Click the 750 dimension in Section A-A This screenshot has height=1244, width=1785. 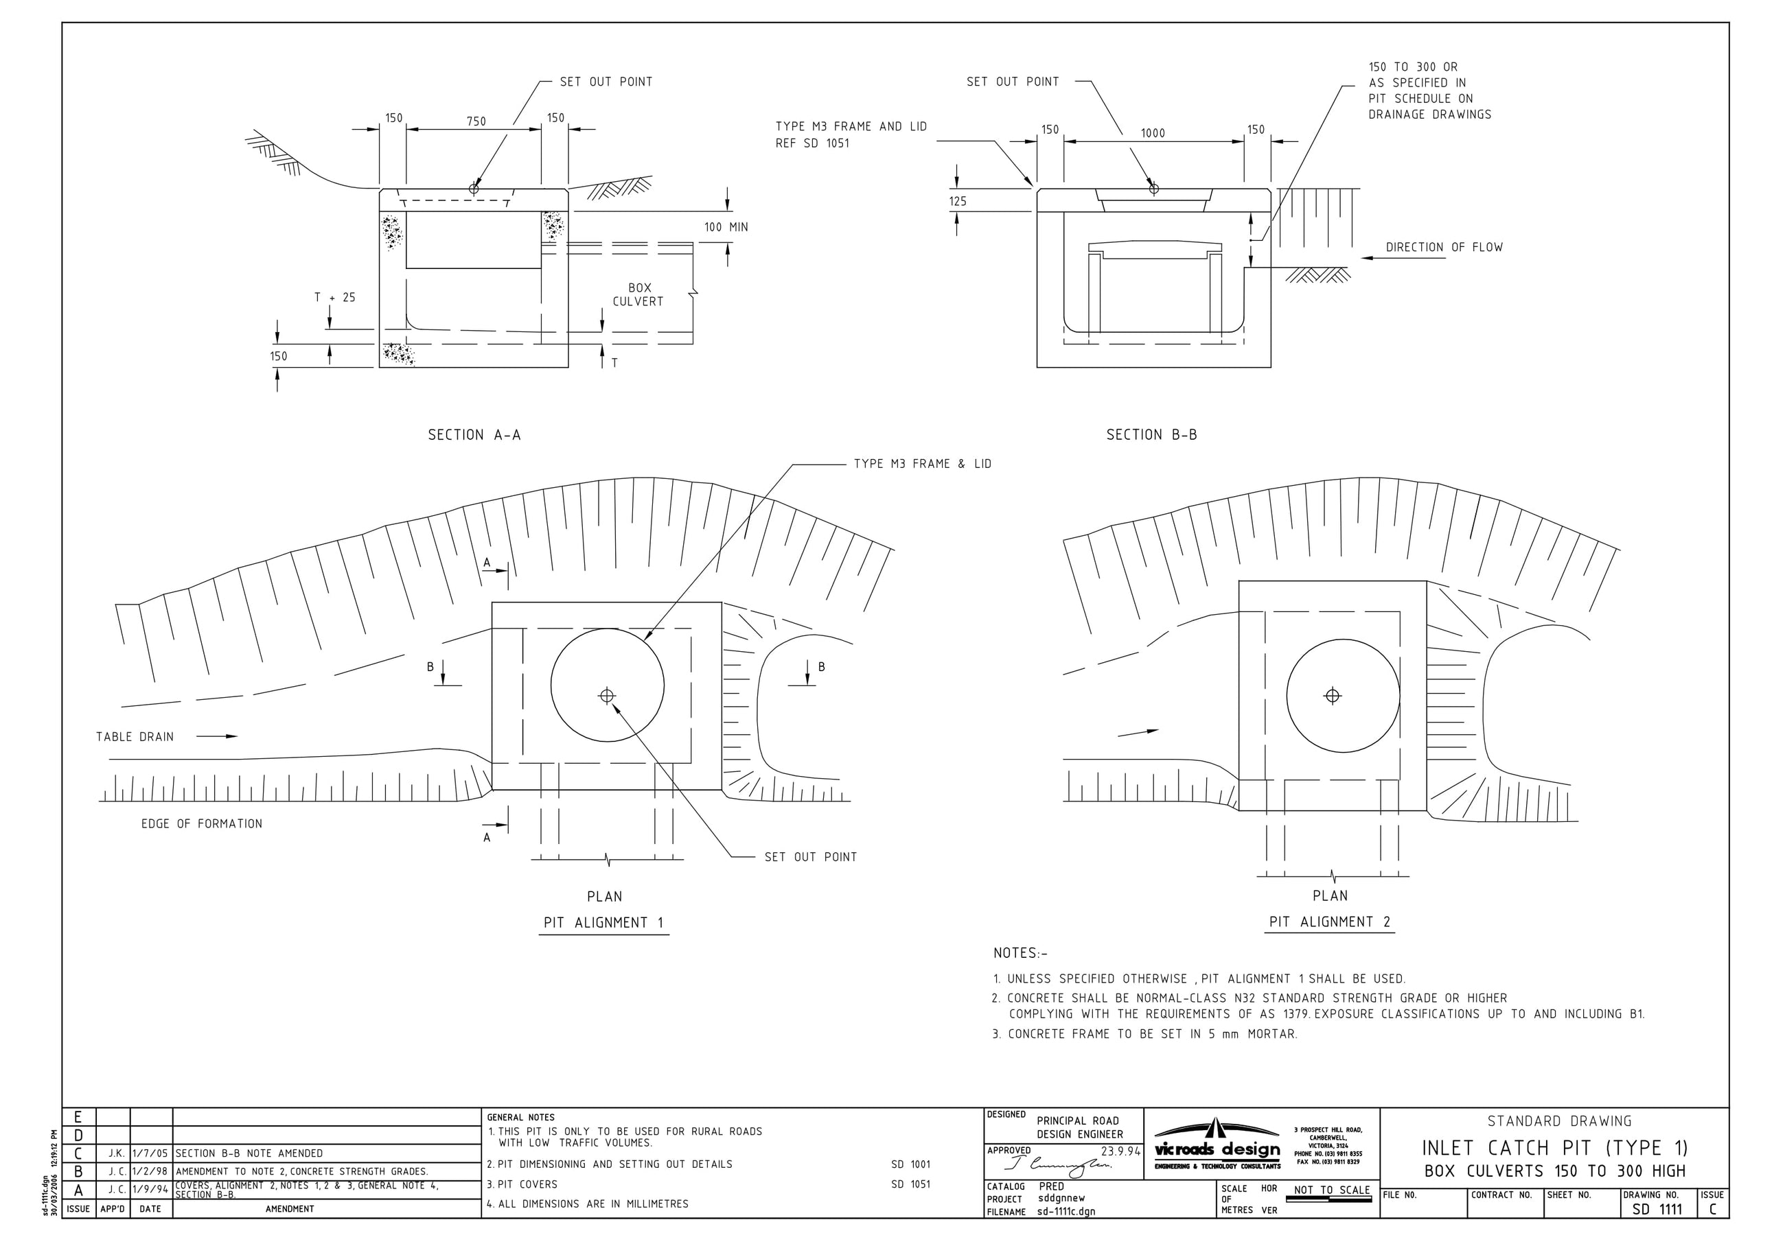click(x=476, y=121)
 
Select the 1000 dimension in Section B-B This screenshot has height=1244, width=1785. click(x=1152, y=133)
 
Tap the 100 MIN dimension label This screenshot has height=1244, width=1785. click(x=726, y=227)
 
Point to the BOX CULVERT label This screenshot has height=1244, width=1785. click(x=638, y=294)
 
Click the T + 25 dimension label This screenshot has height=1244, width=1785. click(x=334, y=297)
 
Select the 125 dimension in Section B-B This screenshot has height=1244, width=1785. click(x=957, y=201)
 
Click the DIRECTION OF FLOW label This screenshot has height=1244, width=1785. click(x=1444, y=247)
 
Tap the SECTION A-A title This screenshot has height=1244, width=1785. click(x=474, y=434)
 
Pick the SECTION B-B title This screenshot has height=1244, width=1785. click(x=1151, y=434)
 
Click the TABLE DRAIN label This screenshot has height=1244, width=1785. click(x=135, y=737)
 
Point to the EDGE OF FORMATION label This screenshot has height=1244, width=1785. click(x=201, y=823)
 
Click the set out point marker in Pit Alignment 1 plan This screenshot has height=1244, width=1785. click(x=607, y=696)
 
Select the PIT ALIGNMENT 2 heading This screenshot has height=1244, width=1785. click(x=1329, y=922)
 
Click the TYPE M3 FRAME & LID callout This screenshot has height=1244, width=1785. click(x=922, y=464)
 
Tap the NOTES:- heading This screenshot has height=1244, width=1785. click(x=1020, y=952)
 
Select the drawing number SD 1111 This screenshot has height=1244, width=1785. click(x=1657, y=1209)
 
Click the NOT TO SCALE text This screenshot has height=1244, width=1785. click(x=1331, y=1190)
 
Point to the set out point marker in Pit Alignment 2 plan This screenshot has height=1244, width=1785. click(x=1332, y=696)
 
